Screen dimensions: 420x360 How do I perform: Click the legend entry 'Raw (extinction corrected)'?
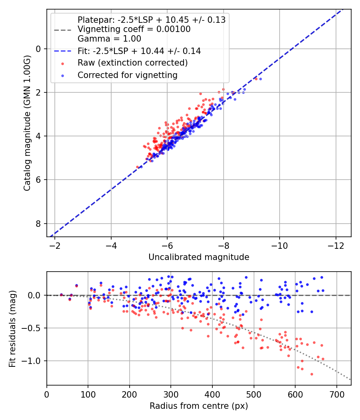tap(132, 63)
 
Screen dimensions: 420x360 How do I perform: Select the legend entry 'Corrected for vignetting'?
tap(128, 75)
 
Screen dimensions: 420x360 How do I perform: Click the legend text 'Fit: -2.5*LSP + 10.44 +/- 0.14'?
tap(139, 51)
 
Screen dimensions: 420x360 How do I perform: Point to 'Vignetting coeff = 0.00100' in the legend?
tap(134, 29)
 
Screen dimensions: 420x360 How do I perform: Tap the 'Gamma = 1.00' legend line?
tap(109, 39)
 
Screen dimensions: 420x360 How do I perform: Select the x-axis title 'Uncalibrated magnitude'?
tap(199, 257)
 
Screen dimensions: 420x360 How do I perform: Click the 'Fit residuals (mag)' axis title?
tap(12, 328)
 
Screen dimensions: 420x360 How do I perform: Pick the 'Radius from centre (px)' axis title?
tap(199, 406)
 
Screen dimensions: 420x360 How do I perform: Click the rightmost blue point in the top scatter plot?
tap(260, 79)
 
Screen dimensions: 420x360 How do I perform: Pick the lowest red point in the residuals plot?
tap(312, 374)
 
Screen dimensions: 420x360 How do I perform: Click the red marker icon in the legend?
tap(62, 63)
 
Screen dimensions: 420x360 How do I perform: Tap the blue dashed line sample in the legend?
tap(62, 51)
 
